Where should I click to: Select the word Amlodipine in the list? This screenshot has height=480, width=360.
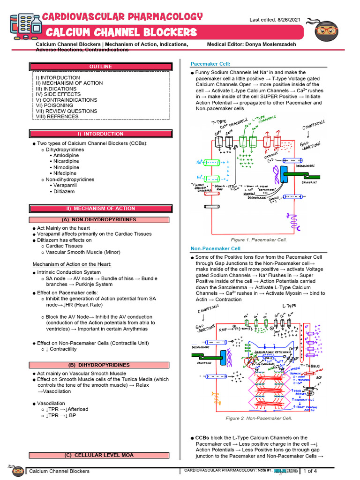click(66, 155)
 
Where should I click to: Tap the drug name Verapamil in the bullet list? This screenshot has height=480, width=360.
click(65, 185)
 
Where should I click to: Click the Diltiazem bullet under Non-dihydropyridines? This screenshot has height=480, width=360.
click(64, 191)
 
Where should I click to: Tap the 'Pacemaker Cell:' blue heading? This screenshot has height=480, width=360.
click(210, 64)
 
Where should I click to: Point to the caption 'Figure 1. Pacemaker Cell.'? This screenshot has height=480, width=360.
click(262, 240)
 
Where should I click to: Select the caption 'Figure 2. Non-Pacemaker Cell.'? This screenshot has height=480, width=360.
click(259, 418)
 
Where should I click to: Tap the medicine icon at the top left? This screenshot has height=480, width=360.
click(22, 28)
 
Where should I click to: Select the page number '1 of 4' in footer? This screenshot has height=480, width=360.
click(310, 471)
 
